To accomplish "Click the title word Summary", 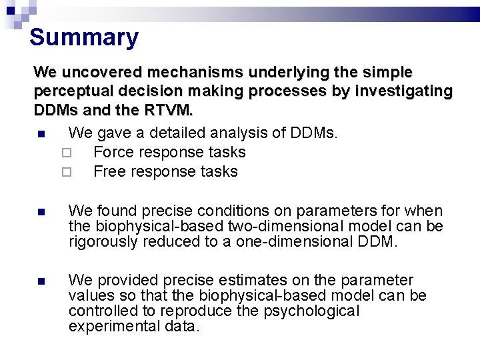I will (84, 37).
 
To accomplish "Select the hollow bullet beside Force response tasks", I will (66, 153).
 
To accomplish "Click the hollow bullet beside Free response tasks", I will (66, 172).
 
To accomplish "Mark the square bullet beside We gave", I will (41, 134).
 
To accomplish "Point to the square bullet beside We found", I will (41, 212).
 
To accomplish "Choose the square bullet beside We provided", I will (41, 281).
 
